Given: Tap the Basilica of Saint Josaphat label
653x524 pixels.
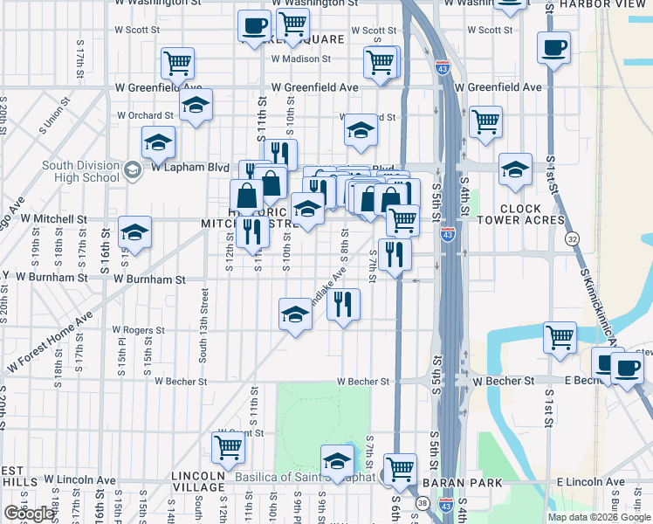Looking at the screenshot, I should (306, 476).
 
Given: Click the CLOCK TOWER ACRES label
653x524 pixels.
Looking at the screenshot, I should (533, 215).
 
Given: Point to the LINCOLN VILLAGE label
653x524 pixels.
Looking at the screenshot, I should (199, 481).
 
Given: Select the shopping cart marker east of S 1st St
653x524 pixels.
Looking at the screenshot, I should (559, 337).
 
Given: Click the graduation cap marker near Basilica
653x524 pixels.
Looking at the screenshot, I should (336, 458).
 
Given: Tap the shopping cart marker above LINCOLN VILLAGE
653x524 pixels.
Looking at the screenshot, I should (228, 447).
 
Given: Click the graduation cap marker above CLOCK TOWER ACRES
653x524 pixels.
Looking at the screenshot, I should (515, 169).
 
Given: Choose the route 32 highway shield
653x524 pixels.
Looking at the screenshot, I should (573, 238).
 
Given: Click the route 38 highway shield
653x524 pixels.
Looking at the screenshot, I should (422, 503).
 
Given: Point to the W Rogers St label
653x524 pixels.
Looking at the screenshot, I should (138, 331).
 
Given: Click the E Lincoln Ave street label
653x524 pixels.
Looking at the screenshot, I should (590, 482).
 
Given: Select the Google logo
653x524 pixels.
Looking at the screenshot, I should (29, 513).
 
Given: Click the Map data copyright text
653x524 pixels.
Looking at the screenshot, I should (598, 517).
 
